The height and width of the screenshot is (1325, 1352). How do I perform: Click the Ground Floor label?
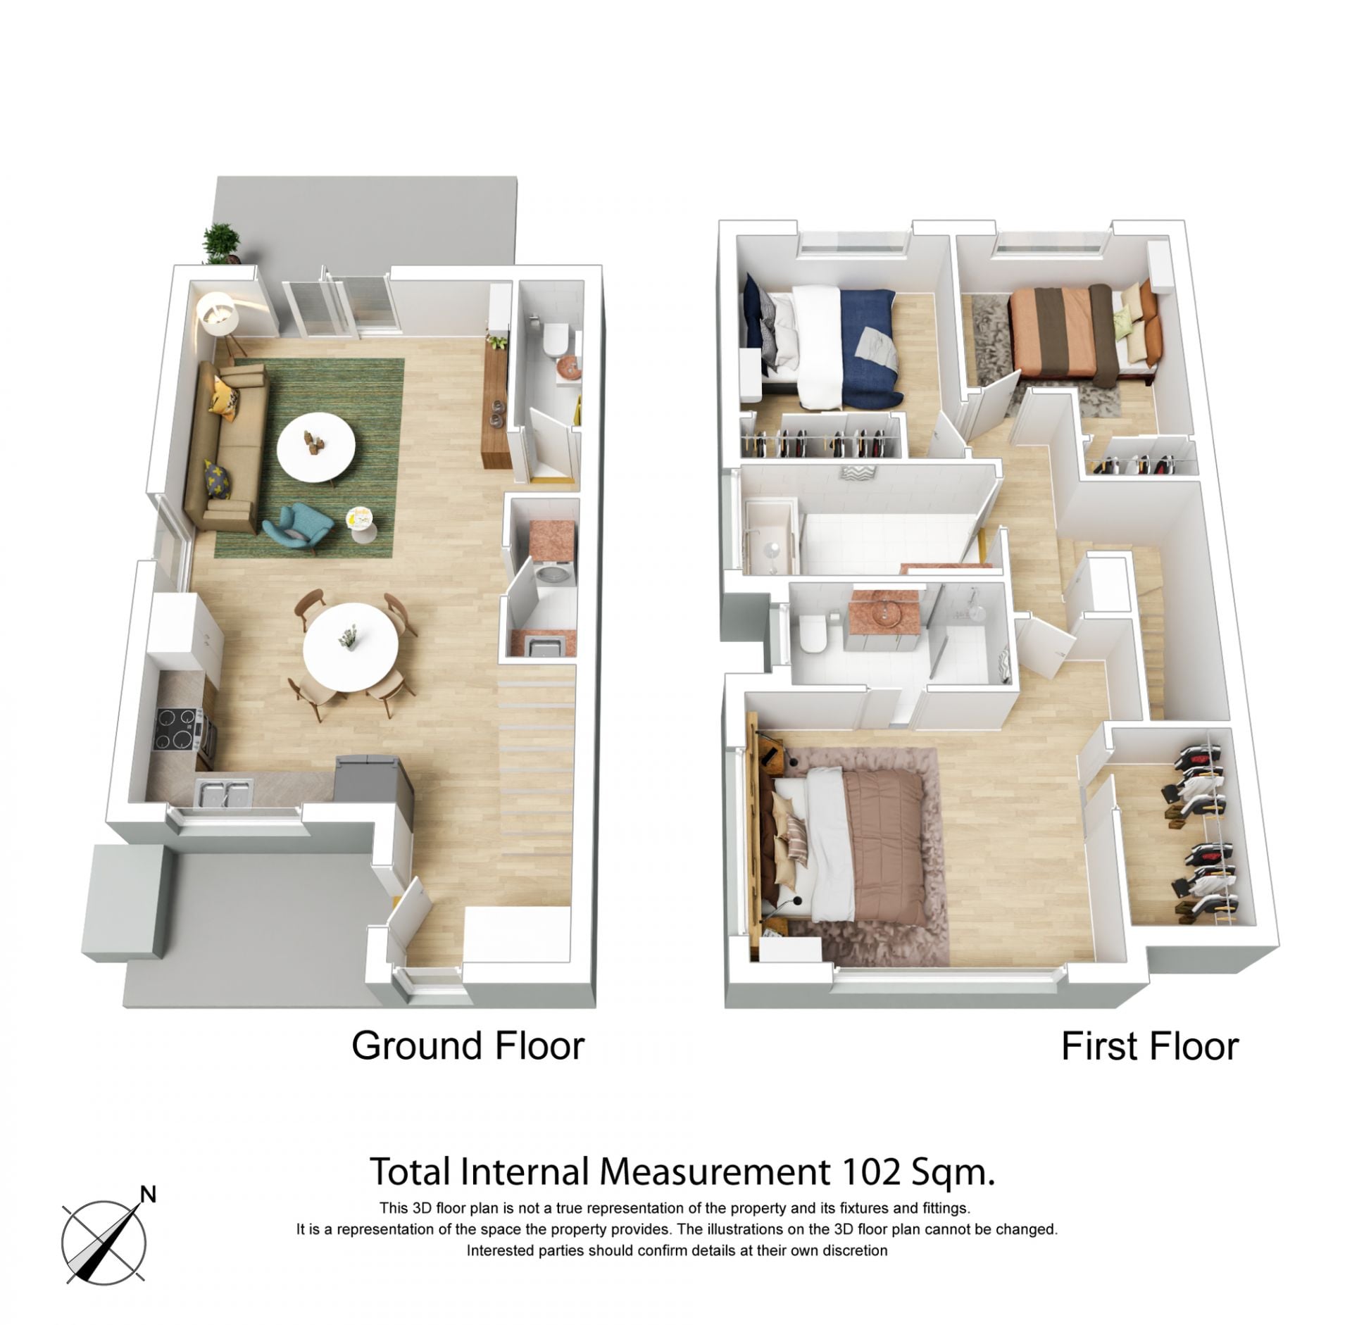[x=468, y=1045]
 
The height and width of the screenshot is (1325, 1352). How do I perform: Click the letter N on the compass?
[x=148, y=1193]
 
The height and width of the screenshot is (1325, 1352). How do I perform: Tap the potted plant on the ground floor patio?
[x=221, y=244]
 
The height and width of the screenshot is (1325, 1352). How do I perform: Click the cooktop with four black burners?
[x=175, y=728]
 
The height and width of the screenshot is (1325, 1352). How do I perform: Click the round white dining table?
[x=351, y=647]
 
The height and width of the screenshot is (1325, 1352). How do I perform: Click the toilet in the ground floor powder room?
[x=555, y=339]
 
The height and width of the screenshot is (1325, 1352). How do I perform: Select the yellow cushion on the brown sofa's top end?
[x=225, y=396]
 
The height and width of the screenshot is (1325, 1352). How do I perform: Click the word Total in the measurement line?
[x=410, y=1172]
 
